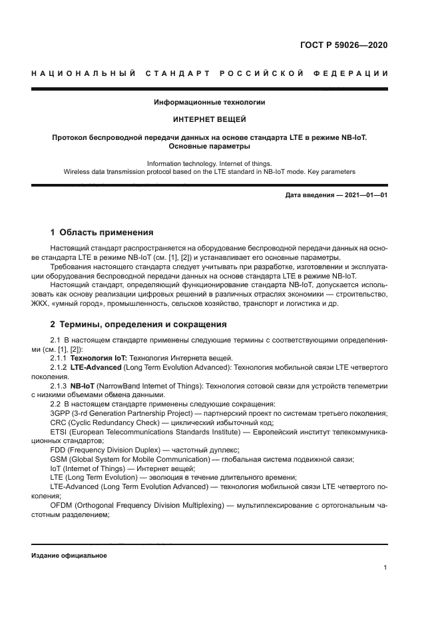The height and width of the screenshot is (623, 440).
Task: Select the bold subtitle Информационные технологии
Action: tap(210, 103)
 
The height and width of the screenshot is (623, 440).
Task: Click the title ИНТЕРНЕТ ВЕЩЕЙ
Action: tap(210, 120)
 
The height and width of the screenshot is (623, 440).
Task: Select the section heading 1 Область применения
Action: tap(102, 233)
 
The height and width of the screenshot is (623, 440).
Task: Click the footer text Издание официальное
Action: tap(69, 556)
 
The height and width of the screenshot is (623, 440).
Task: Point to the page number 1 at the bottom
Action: tap(385, 568)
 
